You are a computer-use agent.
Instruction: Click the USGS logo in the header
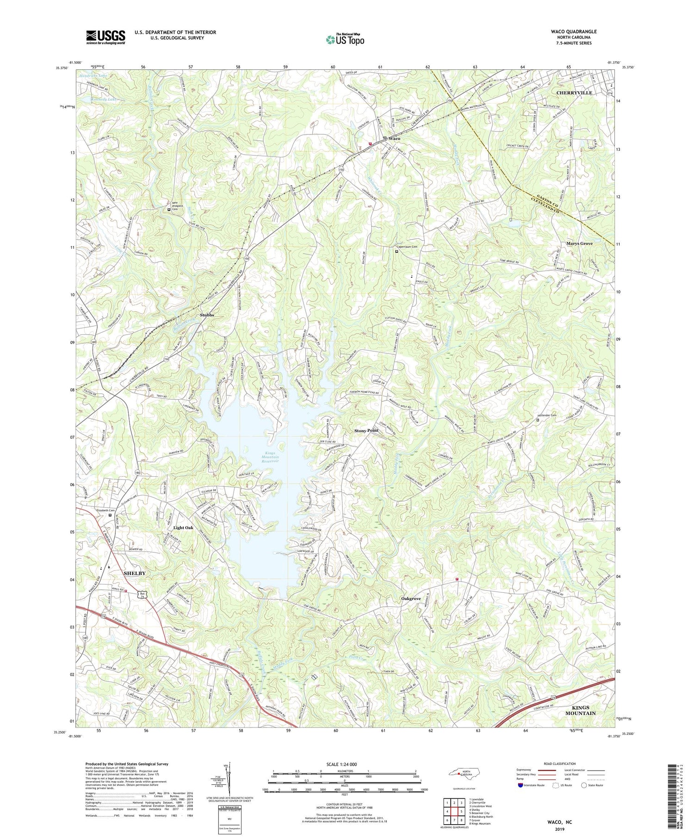[x=105, y=37]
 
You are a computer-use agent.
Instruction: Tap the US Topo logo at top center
[x=345, y=40]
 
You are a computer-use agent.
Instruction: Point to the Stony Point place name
[x=366, y=430]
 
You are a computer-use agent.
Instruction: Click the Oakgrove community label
[x=410, y=598]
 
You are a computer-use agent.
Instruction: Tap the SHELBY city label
[x=134, y=573]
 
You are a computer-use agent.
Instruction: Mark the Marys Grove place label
[x=579, y=243]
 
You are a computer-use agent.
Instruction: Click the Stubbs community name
[x=207, y=315]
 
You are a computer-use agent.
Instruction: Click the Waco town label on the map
[x=394, y=138]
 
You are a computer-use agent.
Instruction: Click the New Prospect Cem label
[x=177, y=206]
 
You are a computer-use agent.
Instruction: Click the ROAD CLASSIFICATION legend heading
[x=560, y=764]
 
